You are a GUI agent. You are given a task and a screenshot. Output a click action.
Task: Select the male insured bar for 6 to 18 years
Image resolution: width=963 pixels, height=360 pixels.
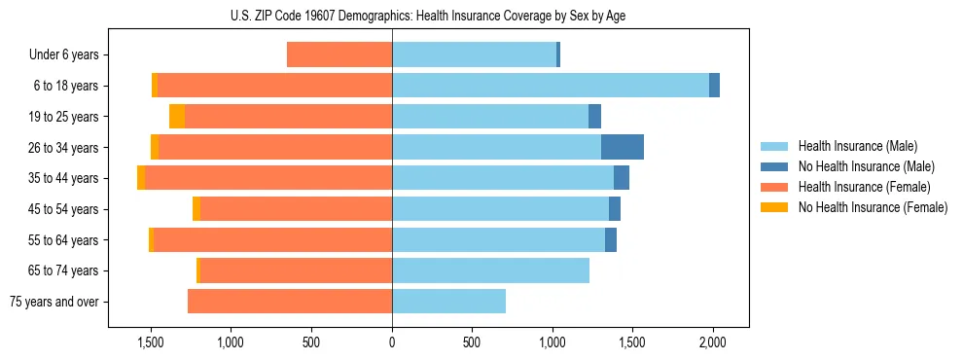551,86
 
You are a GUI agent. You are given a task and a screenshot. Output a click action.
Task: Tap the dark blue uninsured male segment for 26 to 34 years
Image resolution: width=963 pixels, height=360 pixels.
623,147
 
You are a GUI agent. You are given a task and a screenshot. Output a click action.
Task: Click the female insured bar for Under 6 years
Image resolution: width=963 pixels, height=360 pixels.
339,54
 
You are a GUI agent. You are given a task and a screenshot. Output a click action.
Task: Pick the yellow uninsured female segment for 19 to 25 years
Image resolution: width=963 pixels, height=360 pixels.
177,116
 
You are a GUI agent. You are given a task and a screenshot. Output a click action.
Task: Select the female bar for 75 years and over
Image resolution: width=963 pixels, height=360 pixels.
290,302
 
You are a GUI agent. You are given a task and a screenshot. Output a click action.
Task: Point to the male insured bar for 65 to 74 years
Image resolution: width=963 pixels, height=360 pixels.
490,270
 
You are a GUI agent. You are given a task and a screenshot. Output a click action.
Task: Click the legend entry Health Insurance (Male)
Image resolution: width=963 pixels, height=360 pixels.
857,146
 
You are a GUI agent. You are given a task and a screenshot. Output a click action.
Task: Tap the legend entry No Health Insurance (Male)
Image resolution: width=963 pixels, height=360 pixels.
866,166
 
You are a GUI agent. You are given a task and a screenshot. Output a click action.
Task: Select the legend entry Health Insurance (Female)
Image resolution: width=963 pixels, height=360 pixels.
864,187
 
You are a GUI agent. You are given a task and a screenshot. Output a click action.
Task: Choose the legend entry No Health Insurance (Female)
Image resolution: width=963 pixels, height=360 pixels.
873,207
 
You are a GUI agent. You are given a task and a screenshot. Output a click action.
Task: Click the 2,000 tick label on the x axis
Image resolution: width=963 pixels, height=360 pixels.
713,342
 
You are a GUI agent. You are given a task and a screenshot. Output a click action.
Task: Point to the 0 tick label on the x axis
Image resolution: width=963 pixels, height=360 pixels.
392,342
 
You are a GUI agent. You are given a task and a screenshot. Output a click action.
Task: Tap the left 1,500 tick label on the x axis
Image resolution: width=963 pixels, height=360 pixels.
151,342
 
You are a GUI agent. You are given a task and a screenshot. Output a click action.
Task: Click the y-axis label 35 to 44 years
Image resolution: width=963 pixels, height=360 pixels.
63,178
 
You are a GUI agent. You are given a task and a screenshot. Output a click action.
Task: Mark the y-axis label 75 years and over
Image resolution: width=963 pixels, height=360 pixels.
53,302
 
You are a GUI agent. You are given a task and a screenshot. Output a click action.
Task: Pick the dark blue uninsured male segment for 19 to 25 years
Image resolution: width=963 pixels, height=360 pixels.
594,116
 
